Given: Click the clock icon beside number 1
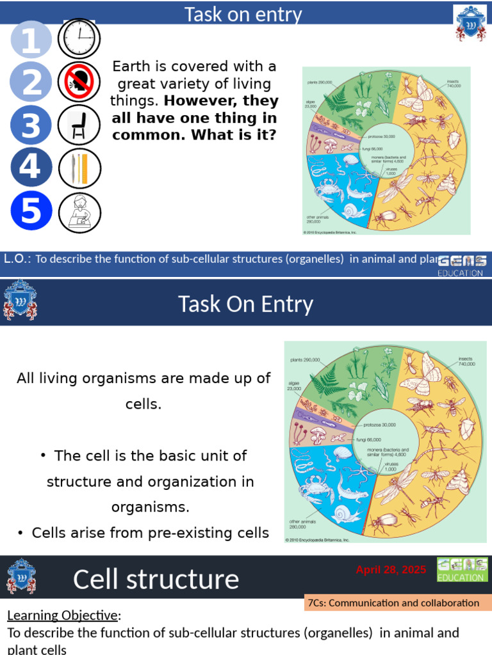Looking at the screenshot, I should (79, 39).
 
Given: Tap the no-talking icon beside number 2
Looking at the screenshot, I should (79, 83).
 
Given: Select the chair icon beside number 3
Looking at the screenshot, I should (79, 125).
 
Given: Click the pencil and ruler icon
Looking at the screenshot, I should (79, 168).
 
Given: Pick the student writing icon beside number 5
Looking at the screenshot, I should (79, 211).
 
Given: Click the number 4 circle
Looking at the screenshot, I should (31, 168).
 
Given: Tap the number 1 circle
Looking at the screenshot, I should (31, 40).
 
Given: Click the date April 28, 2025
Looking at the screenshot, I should (391, 570).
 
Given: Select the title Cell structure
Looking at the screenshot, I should (156, 579).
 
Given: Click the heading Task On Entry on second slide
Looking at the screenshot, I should (245, 304).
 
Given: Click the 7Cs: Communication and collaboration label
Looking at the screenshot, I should (393, 603).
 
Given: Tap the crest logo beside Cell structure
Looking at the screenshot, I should (20, 576).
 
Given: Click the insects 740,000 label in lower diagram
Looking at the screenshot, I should (466, 361).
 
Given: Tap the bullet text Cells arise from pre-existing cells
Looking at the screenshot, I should (151, 532).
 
